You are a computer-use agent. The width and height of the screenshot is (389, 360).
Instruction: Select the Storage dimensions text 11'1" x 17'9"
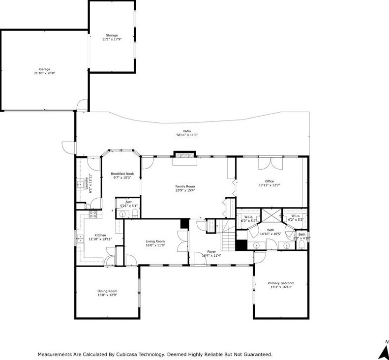112,39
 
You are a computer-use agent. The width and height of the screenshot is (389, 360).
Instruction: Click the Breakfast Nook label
122,174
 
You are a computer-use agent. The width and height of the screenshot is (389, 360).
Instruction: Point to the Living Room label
155,241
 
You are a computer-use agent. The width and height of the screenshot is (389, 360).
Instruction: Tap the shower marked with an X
270,215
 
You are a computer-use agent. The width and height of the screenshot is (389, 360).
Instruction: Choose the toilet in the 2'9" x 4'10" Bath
301,244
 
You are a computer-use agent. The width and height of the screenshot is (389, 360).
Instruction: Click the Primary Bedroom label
281,283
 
